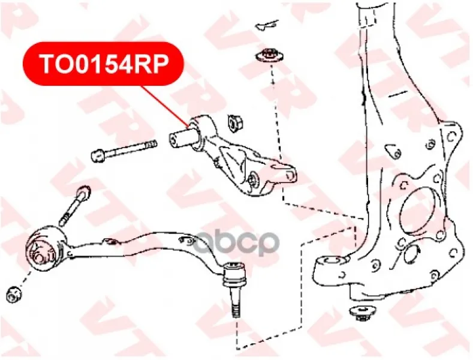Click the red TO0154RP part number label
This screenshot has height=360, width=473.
(x=103, y=64)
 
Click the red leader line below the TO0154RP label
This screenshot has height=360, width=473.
(x=165, y=106)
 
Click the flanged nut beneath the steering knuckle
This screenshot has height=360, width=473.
(x=361, y=314)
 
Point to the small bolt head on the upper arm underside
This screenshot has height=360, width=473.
(x=254, y=179)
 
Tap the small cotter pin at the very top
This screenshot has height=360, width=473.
(x=267, y=24)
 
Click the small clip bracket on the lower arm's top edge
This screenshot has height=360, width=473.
(x=110, y=241)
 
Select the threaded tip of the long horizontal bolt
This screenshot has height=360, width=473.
(x=151, y=145)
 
